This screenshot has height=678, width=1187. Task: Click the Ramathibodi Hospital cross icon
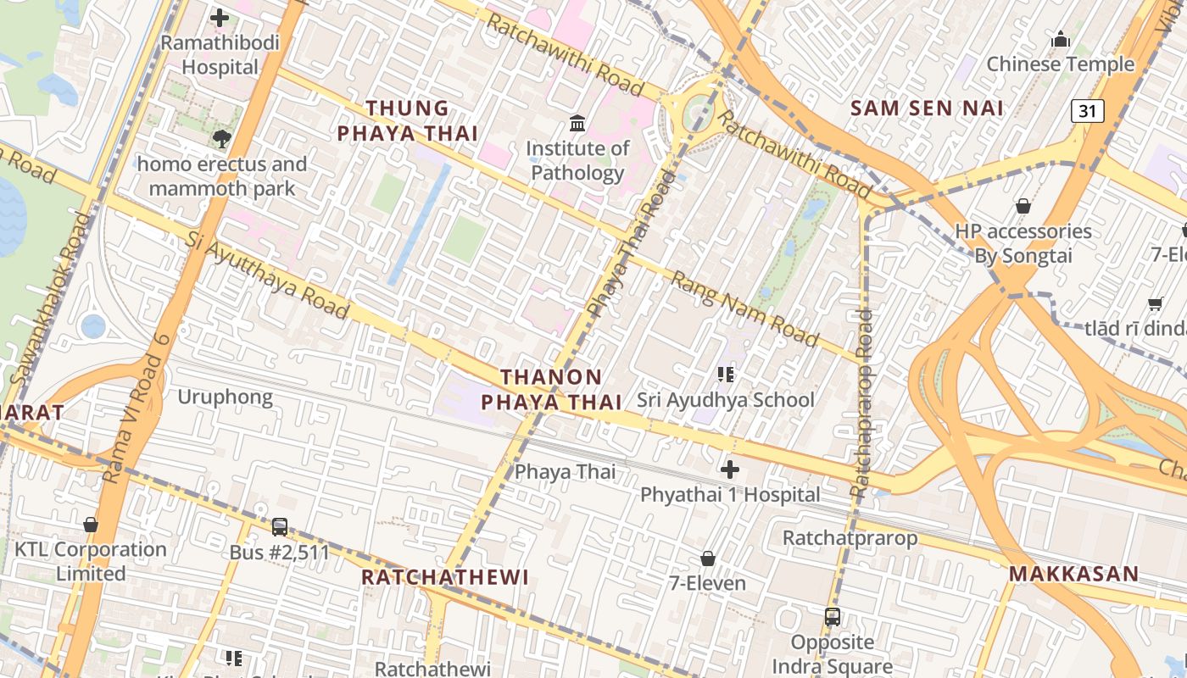click(220, 17)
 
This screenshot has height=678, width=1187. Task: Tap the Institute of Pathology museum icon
click(577, 124)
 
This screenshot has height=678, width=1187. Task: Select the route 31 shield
click(1087, 110)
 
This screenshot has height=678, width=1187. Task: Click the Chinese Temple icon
click(1060, 40)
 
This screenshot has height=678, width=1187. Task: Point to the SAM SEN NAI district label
click(927, 108)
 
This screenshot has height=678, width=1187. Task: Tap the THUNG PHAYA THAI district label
click(408, 120)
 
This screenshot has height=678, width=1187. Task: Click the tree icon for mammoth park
click(222, 138)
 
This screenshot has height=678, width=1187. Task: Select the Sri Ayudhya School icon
click(725, 374)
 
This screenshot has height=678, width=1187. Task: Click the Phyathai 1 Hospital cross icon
click(729, 469)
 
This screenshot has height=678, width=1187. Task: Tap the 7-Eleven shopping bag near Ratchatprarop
click(707, 559)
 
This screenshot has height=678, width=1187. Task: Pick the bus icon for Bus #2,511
click(279, 527)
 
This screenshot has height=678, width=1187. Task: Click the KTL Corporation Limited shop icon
click(91, 525)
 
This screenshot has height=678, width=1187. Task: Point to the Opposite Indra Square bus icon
click(832, 617)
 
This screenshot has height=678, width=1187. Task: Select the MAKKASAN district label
click(1073, 574)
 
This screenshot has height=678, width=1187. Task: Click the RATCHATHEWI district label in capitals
click(444, 577)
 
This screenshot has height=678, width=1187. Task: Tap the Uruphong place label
click(225, 397)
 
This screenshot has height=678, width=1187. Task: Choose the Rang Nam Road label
click(745, 309)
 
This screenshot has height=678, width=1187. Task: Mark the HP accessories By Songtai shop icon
click(1023, 206)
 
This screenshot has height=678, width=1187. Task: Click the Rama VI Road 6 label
click(134, 407)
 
